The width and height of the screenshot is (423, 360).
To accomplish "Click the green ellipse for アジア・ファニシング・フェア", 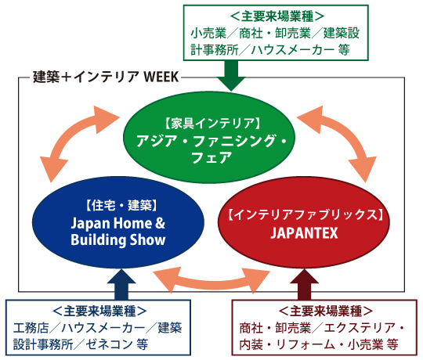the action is click(x=209, y=138).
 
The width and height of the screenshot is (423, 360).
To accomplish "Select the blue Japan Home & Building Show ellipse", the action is click(x=118, y=222).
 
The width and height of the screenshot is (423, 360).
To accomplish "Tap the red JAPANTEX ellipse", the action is click(x=304, y=222).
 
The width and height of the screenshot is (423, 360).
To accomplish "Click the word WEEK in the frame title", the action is click(x=161, y=77).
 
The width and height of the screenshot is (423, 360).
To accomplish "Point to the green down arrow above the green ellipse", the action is click(x=231, y=76).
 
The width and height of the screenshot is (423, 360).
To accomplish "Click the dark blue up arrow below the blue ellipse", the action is click(x=121, y=284).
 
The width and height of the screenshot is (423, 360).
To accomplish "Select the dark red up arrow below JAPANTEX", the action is click(x=304, y=284).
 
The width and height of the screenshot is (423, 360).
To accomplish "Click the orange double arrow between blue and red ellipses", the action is click(x=211, y=281).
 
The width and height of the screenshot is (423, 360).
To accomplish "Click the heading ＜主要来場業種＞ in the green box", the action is click(x=277, y=16).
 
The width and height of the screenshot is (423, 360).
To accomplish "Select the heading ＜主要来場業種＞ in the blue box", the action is click(x=99, y=311).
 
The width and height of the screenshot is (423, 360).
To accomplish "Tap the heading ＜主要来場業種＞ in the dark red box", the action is click(x=326, y=311).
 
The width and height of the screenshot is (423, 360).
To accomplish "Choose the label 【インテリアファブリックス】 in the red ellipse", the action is click(x=305, y=214).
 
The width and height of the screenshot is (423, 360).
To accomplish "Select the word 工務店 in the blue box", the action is click(x=31, y=328).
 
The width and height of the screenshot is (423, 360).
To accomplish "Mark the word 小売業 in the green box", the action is click(x=209, y=33).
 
